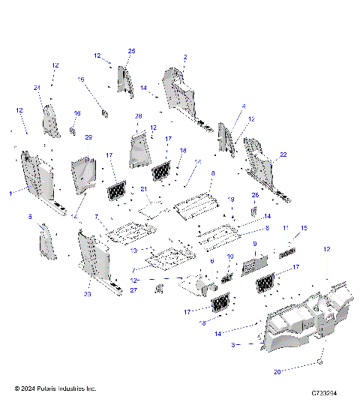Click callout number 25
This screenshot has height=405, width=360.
(x=131, y=50)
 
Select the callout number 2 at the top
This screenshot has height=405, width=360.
(x=185, y=57)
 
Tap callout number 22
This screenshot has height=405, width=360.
(x=283, y=155)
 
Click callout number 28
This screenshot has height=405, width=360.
(x=138, y=116)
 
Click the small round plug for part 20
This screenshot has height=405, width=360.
(x=320, y=361)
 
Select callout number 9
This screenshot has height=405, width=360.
(x=254, y=244)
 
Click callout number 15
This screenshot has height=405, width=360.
(x=304, y=228)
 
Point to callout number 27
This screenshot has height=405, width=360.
(x=133, y=289)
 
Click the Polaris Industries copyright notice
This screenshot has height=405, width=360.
(x=55, y=388)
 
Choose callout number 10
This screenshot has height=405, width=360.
(x=230, y=256)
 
